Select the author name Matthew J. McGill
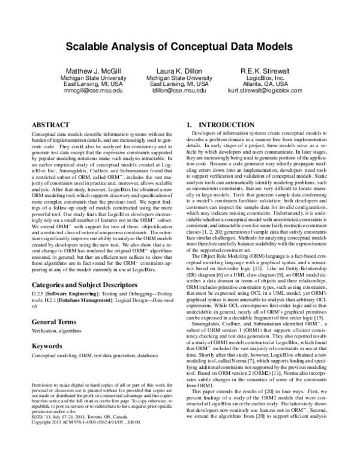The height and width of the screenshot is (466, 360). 91,70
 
